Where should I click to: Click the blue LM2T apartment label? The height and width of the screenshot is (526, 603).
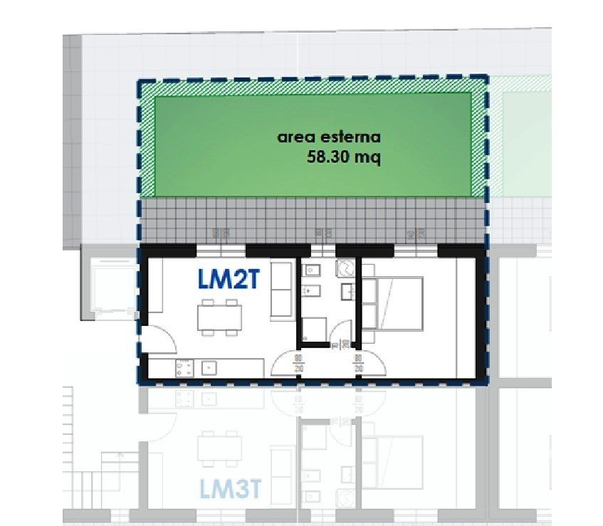[229, 279]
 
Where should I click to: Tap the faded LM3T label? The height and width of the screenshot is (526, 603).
[231, 489]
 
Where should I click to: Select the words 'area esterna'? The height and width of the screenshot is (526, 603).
[329, 137]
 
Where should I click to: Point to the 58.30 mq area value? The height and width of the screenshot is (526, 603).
[344, 157]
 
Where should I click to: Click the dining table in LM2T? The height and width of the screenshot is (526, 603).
[219, 317]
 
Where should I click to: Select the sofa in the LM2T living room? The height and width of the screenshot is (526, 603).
[281, 290]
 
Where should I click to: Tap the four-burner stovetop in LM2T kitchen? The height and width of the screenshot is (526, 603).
[185, 368]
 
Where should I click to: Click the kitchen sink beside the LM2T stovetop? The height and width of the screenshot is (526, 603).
[209, 368]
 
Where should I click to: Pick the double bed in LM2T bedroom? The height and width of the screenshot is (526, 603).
[392, 303]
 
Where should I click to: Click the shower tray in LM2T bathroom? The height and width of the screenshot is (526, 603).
[314, 330]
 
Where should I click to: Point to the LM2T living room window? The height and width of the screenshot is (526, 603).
[221, 251]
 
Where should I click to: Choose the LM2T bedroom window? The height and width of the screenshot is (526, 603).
[416, 251]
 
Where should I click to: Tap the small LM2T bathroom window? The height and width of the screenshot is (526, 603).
[323, 251]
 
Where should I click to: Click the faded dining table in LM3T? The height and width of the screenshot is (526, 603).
[219, 448]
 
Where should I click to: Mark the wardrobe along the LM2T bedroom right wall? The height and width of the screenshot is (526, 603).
[466, 317]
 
